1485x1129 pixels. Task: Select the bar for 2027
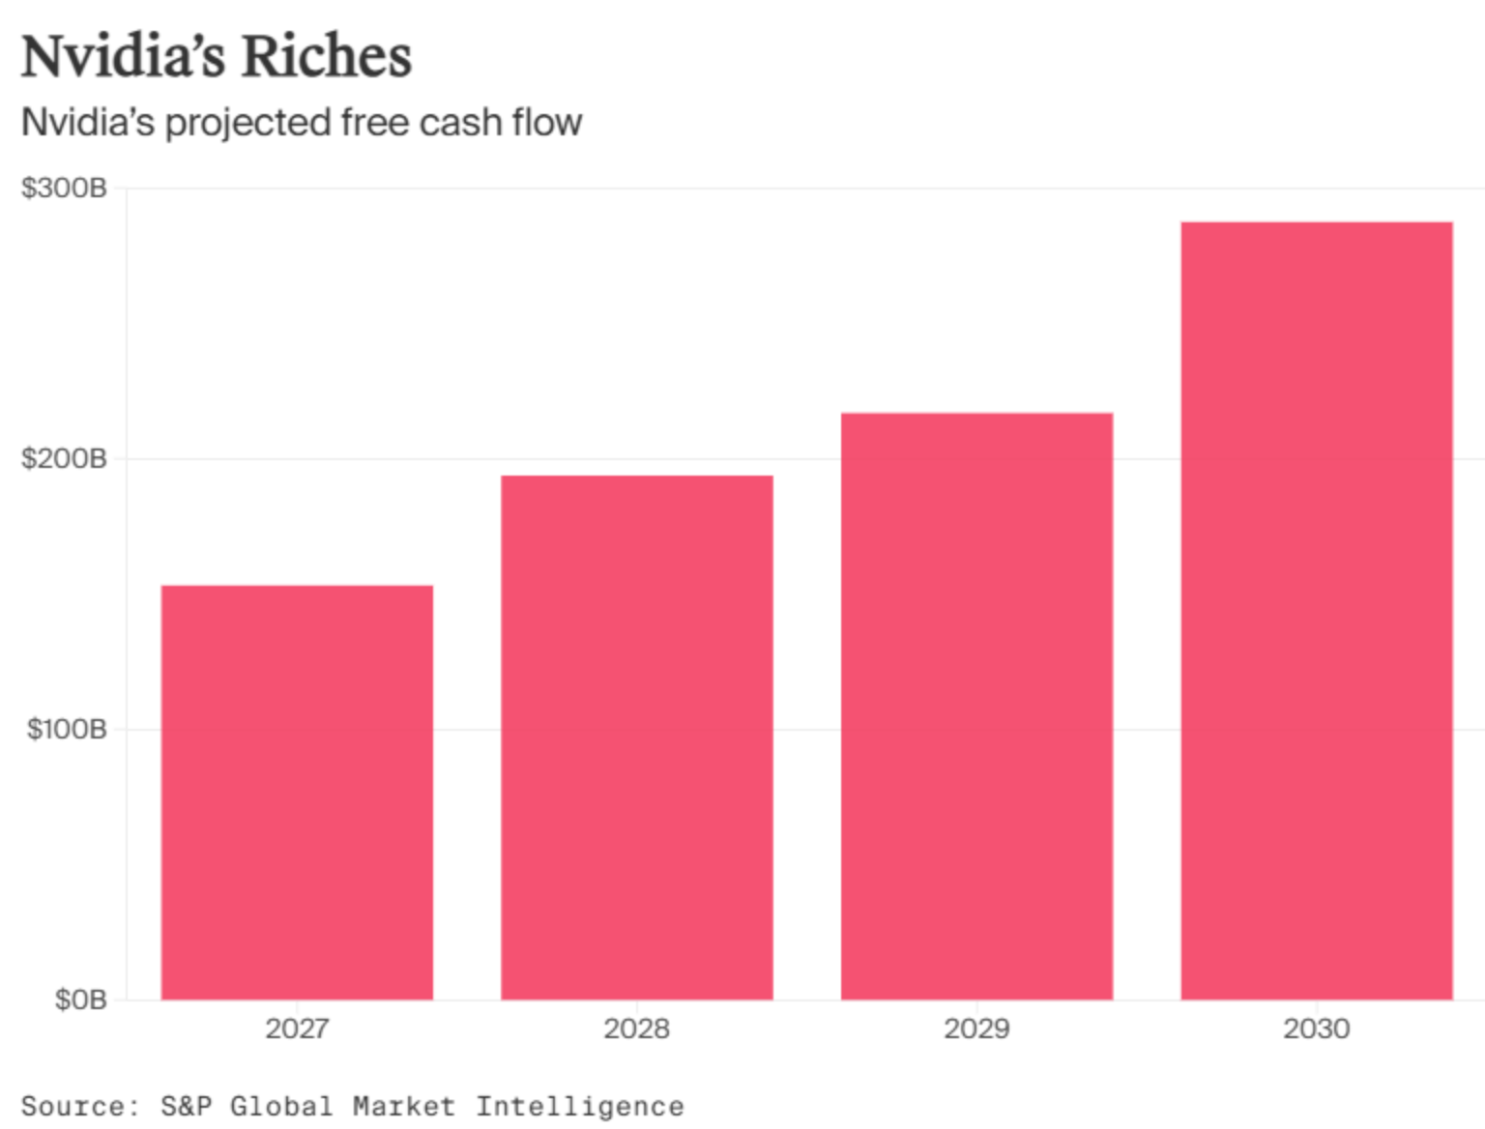tap(297, 793)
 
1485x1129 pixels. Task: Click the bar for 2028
tap(637, 738)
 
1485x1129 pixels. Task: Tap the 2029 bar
tap(976, 707)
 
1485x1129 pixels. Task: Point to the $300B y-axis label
tap(64, 188)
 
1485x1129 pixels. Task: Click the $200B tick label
tap(64, 458)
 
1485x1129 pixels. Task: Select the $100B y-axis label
tap(66, 729)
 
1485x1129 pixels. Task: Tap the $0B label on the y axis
tap(80, 999)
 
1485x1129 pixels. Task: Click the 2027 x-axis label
tap(297, 1028)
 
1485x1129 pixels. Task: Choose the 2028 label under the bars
tap(637, 1028)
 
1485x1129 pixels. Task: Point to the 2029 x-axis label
tap(976, 1028)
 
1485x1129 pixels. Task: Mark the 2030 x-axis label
tap(1317, 1028)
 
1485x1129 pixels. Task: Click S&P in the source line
tap(186, 1106)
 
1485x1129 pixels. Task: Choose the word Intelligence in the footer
tap(579, 1106)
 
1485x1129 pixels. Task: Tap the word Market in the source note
tap(403, 1106)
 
